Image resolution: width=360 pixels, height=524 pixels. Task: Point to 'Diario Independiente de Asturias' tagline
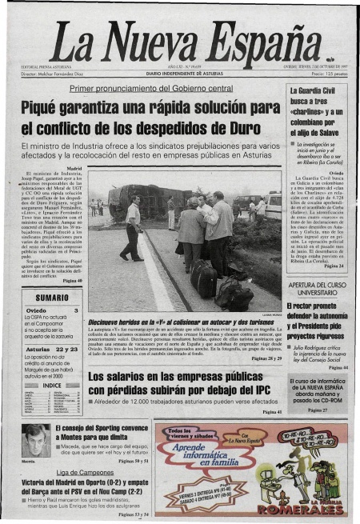click(x=179, y=74)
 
